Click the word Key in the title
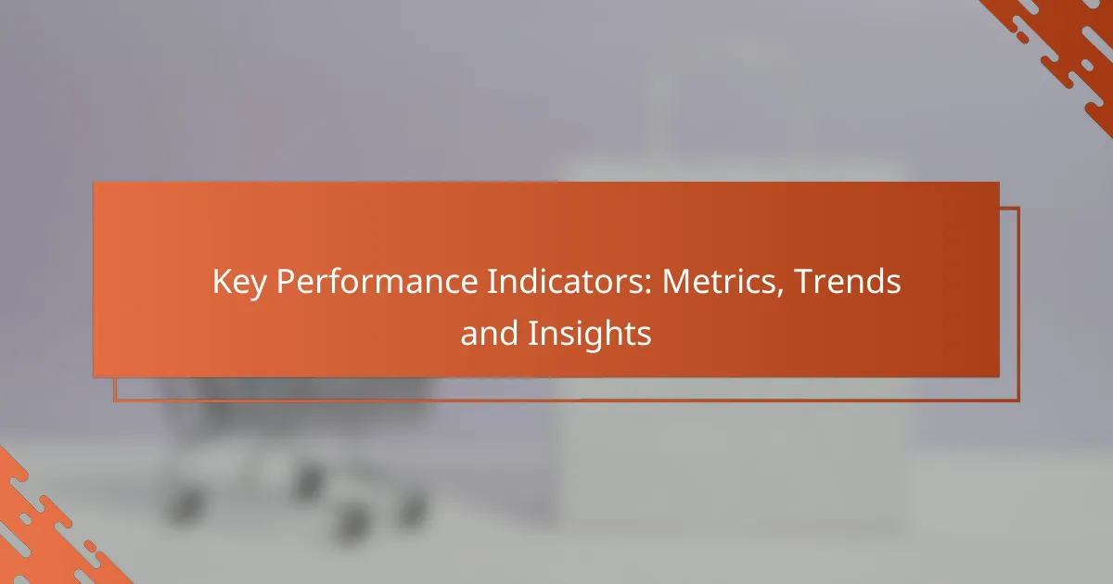point(239,283)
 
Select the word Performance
point(377,281)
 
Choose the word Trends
point(848,281)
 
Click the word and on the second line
point(489,333)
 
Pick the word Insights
point(590,336)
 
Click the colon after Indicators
point(648,286)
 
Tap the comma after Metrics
point(780,293)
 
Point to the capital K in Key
point(222,281)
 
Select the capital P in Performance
point(287,281)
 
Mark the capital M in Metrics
point(677,281)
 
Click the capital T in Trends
point(805,281)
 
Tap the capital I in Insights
point(531,333)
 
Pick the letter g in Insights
point(593,338)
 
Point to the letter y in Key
point(258,288)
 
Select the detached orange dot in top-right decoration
point(1022,37)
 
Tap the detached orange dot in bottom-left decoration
point(91,546)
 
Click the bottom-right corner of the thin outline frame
point(1019,400)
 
